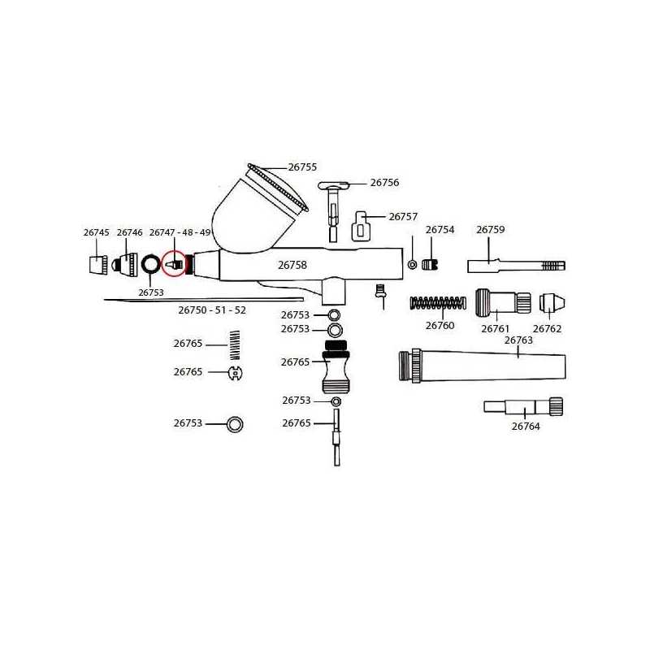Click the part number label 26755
(302, 167)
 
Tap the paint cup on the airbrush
(257, 211)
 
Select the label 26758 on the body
(292, 265)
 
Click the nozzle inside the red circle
(174, 263)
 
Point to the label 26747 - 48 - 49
(180, 232)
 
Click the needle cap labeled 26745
(98, 265)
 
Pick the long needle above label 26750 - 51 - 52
(204, 299)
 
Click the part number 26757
(403, 217)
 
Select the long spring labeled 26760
(438, 303)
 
